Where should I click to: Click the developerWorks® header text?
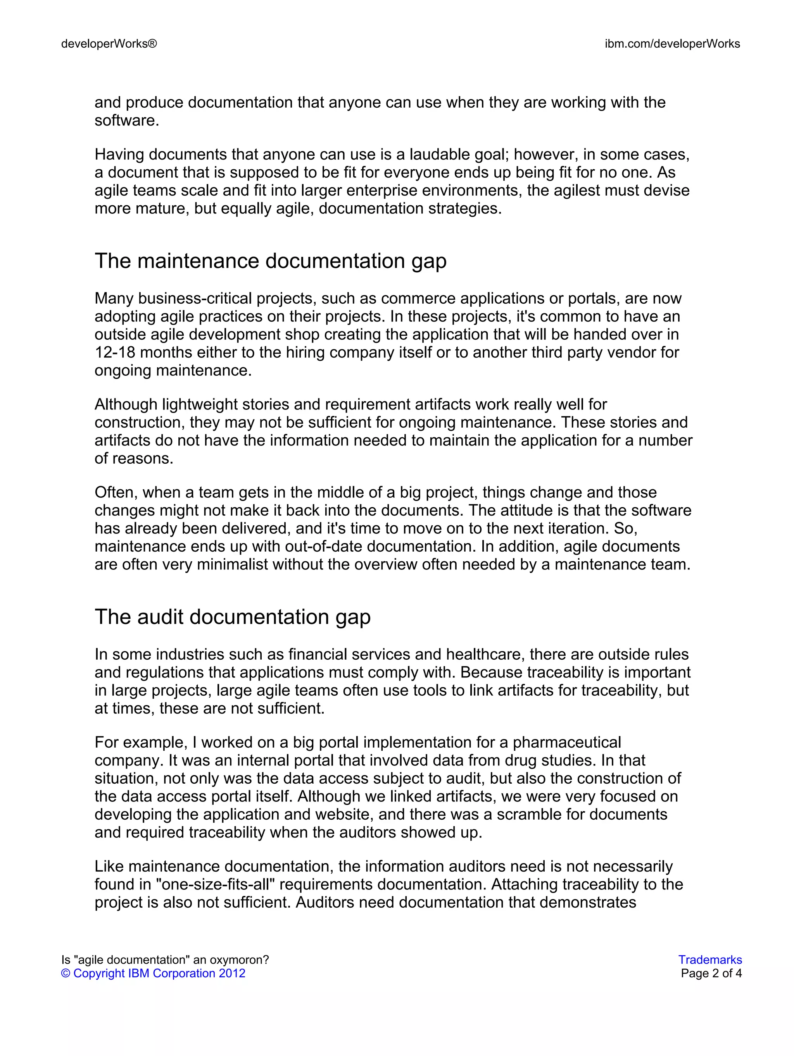[x=109, y=44]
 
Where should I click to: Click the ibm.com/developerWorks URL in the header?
[x=672, y=44]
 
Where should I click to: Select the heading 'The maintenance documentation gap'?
[x=270, y=261]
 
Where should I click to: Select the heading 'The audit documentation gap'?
[x=232, y=617]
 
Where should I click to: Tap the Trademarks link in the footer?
[x=710, y=960]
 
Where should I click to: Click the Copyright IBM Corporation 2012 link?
[x=154, y=973]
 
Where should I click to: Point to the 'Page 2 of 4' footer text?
[x=711, y=973]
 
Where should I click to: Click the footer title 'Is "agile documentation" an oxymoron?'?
[x=165, y=960]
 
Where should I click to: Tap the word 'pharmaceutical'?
[x=566, y=742]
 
